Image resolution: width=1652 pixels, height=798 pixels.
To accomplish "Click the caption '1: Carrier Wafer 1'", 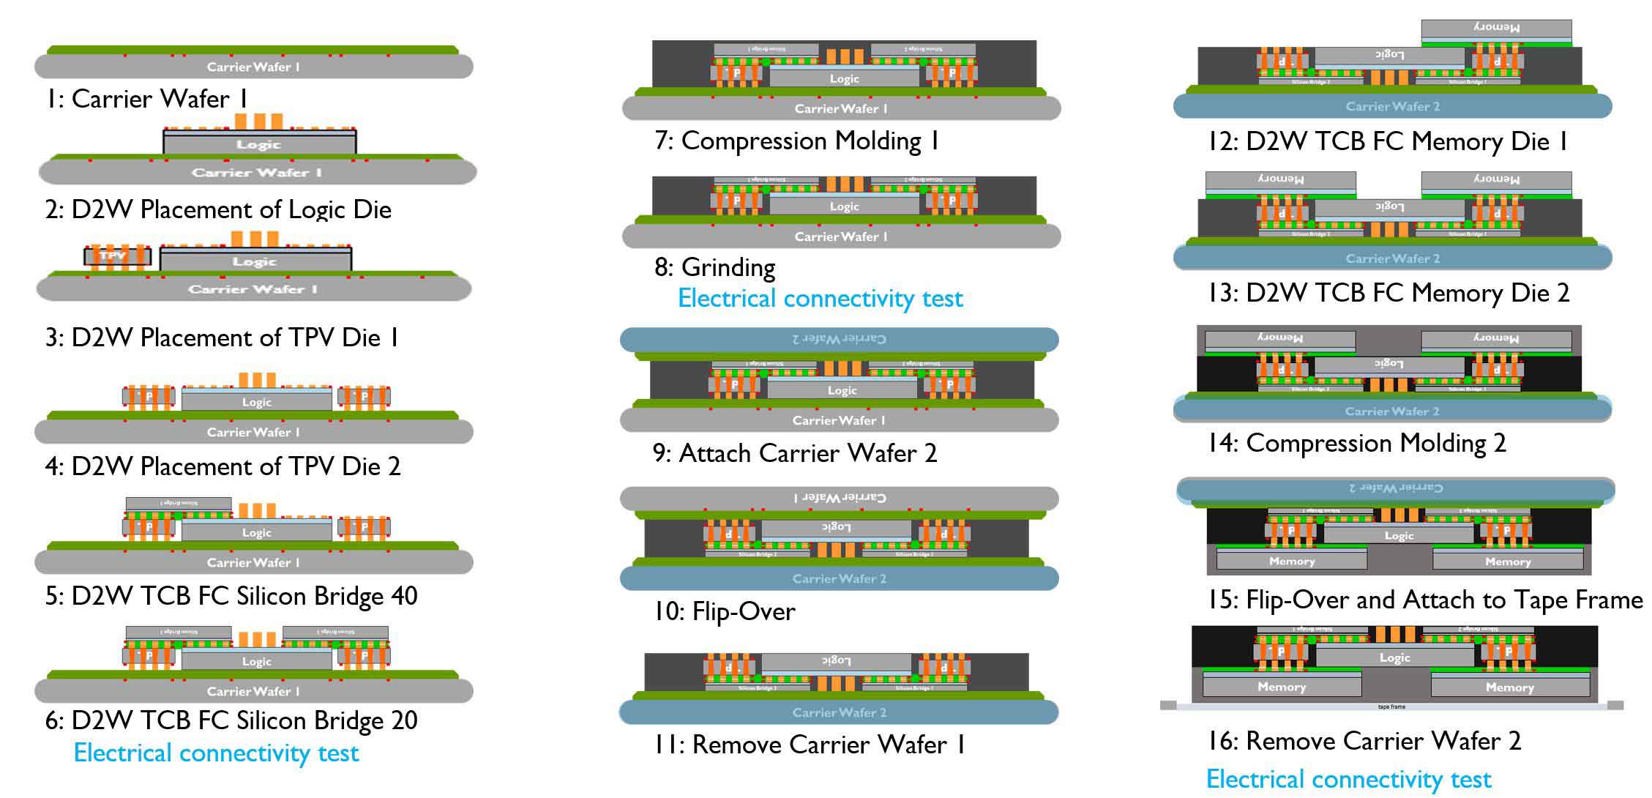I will point(146,99).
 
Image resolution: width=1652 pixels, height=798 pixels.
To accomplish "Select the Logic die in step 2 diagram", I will point(259,144).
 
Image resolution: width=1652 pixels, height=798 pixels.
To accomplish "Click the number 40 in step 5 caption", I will point(404,596).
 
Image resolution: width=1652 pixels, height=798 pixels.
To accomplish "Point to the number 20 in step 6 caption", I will point(404,720).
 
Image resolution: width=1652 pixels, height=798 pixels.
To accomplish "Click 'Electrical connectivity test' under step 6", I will point(217,753).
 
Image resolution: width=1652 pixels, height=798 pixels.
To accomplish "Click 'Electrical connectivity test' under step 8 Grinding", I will point(820,298).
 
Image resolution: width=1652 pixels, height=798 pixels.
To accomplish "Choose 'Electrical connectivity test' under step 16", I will point(1348,779).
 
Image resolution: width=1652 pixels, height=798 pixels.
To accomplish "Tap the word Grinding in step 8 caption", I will point(728,267).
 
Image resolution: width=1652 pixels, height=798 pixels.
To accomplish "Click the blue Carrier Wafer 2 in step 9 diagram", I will point(839,339).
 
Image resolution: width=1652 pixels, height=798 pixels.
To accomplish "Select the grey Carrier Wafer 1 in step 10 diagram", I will point(839,498).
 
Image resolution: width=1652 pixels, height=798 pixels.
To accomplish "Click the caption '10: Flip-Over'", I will point(725,611).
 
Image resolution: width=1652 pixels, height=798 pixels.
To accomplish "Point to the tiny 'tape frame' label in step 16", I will point(1391,707).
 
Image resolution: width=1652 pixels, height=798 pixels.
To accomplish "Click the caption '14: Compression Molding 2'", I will point(1357,443).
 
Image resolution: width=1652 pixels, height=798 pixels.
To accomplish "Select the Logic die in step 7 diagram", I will point(844,78).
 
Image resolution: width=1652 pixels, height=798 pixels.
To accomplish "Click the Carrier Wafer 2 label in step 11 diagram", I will point(839,712).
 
